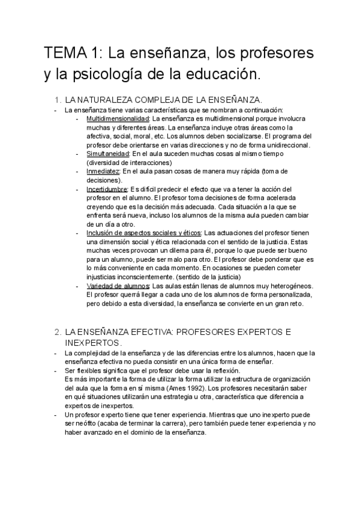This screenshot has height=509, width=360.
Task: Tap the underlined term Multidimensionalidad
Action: tap(118, 119)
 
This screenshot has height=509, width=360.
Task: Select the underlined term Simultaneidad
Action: tap(108, 154)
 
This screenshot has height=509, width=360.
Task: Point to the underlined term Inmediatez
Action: tap(103, 171)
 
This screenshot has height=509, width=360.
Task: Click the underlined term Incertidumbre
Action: tap(107, 189)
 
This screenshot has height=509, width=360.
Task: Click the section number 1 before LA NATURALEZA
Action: tap(57, 99)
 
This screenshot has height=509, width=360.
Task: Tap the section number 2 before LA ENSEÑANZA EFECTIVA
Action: tap(57, 331)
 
